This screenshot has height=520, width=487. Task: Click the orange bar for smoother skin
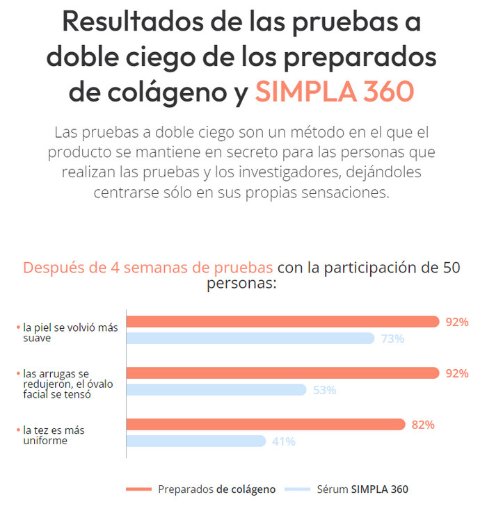click(x=282, y=322)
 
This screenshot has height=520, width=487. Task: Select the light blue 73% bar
click(x=250, y=339)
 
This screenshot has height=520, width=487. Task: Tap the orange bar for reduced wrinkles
click(x=282, y=373)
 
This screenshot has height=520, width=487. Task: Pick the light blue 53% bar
click(x=216, y=390)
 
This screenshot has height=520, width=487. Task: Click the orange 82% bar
click(x=264, y=424)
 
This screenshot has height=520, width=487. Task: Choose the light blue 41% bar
click(x=195, y=441)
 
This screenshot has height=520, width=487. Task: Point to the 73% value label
click(x=392, y=339)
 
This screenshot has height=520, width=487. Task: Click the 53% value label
click(x=324, y=390)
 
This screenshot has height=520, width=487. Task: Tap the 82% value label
click(x=423, y=425)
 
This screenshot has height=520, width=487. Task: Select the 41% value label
click(x=283, y=441)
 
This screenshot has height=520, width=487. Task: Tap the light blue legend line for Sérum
click(x=295, y=489)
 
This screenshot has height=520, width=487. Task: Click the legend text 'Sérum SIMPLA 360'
click(x=362, y=489)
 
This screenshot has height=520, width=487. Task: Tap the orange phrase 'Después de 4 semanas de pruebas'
click(x=148, y=268)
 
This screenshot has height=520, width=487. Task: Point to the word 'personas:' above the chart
click(x=242, y=284)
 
